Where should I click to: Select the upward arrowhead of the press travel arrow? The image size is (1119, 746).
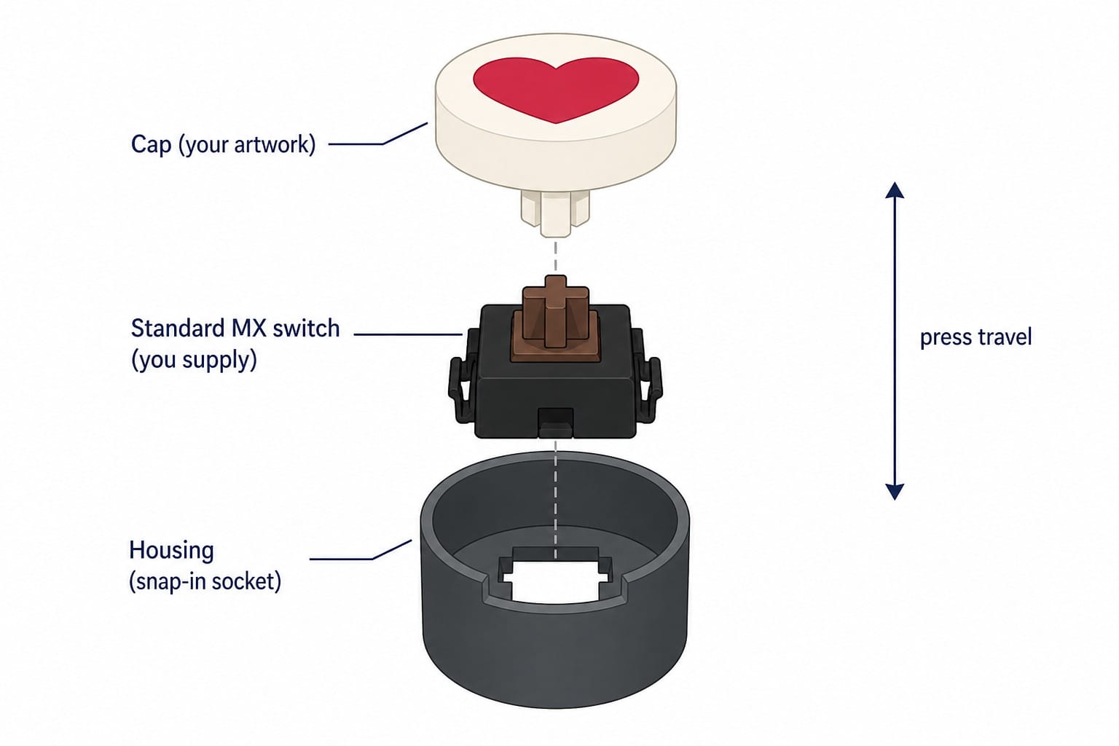(894, 190)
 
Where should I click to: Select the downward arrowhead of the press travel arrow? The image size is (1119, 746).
(894, 492)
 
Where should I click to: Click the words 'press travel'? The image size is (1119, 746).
(975, 337)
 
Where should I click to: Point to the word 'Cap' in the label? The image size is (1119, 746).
(151, 145)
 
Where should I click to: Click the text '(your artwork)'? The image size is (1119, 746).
(247, 145)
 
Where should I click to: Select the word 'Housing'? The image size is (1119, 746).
(171, 550)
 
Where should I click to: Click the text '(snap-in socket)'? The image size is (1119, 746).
(205, 581)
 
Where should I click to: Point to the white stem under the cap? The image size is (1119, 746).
(555, 214)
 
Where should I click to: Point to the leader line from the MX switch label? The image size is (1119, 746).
(408, 334)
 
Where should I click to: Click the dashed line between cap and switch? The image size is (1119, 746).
(556, 256)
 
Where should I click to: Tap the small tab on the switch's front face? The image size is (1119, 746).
(556, 423)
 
